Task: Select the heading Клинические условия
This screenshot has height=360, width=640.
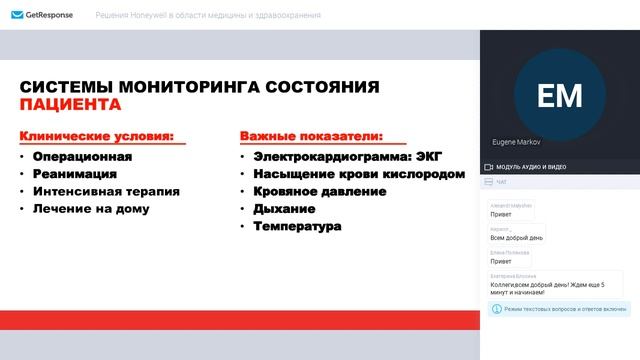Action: click(97, 135)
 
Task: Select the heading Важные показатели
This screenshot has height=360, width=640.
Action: click(311, 135)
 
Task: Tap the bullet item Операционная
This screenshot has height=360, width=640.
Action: click(82, 156)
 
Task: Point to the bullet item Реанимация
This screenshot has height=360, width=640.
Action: click(75, 174)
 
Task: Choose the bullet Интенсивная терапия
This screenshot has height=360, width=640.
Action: click(106, 191)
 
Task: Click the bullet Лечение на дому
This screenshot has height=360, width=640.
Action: click(91, 209)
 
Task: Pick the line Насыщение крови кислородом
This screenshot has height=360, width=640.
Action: click(359, 174)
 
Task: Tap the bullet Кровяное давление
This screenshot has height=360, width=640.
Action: click(320, 191)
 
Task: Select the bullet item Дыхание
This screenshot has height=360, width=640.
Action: click(284, 209)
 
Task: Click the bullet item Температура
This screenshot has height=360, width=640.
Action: click(297, 227)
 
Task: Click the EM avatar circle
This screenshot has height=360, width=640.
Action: click(559, 95)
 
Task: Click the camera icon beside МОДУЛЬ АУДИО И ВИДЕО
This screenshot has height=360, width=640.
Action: click(488, 166)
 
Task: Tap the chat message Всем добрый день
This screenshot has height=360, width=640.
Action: click(516, 237)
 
